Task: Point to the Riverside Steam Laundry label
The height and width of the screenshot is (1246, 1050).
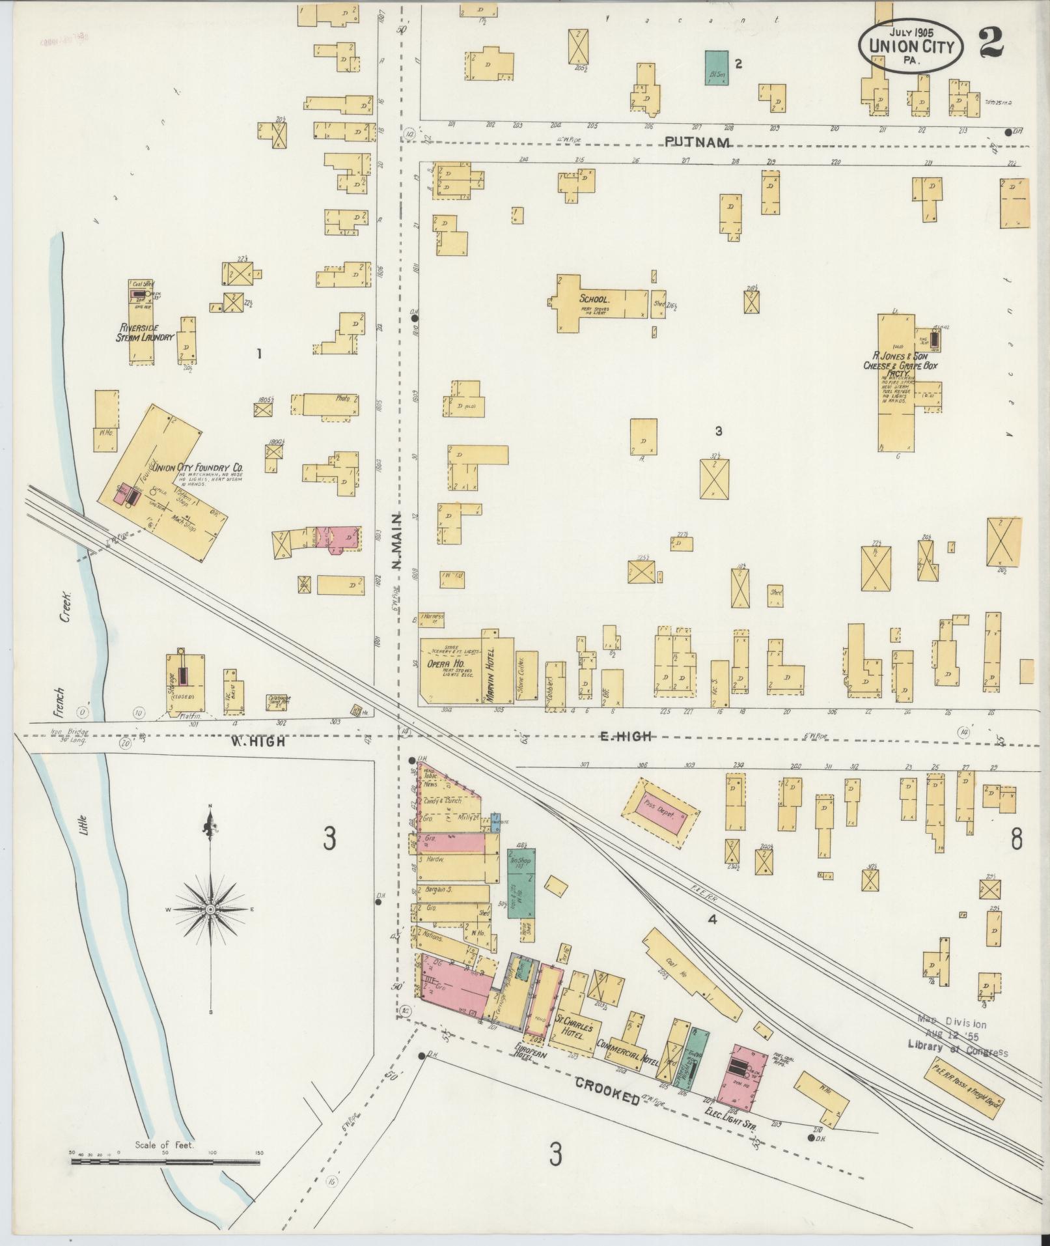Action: (x=145, y=332)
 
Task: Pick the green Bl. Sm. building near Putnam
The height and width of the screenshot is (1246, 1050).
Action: (x=717, y=68)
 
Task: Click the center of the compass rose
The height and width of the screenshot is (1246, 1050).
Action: (x=210, y=909)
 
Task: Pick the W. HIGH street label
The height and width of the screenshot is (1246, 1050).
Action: (x=258, y=741)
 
